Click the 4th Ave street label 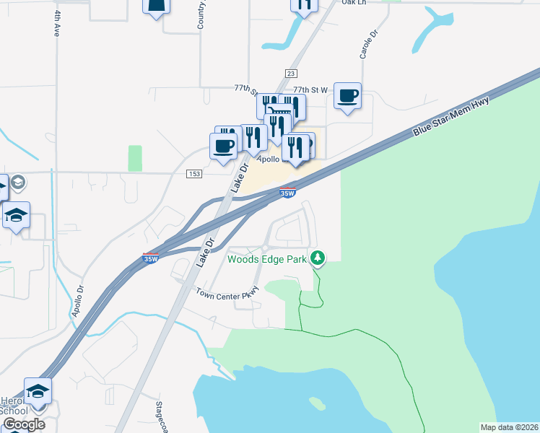point(56,23)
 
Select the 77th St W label point(311,89)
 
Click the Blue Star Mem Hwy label point(452,116)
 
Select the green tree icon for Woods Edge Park point(317,258)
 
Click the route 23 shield point(291,74)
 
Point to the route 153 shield point(193,173)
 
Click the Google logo point(23,424)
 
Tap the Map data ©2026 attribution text point(509,427)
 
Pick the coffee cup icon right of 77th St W point(348,95)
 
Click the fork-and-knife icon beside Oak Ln point(305,4)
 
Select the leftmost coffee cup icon point(222,146)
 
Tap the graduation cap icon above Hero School point(38,391)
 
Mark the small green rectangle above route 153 point(135,158)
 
